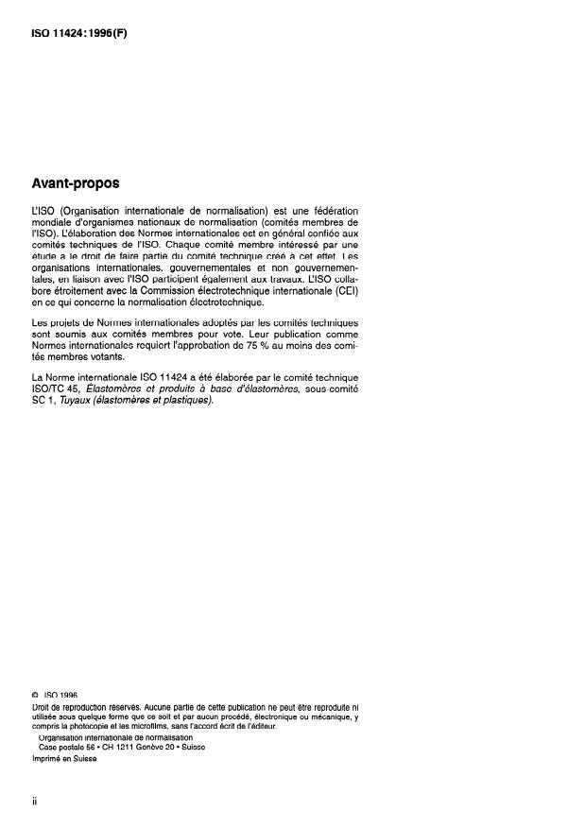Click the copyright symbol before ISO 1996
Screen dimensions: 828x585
click(34, 696)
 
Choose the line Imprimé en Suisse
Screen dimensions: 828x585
click(64, 758)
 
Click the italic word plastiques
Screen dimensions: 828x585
click(183, 400)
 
